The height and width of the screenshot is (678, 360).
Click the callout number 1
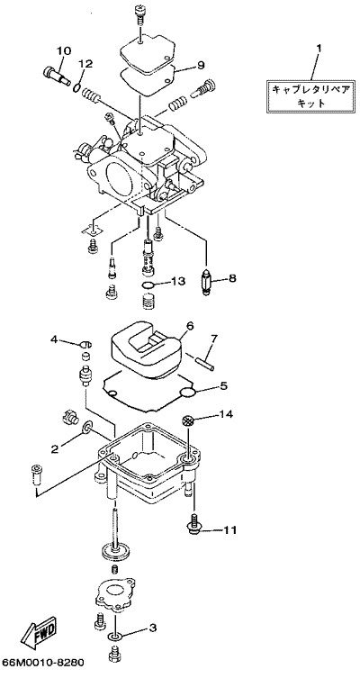pyautogui.click(x=319, y=49)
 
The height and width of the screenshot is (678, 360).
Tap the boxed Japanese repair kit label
pyautogui.click(x=310, y=96)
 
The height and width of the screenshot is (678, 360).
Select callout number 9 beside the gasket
pyautogui.click(x=201, y=65)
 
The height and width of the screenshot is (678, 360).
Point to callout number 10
pyautogui.click(x=64, y=51)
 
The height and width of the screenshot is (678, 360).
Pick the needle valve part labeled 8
pyautogui.click(x=207, y=282)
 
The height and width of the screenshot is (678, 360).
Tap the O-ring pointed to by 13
pyautogui.click(x=148, y=285)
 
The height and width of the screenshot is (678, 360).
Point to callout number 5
pyautogui.click(x=223, y=385)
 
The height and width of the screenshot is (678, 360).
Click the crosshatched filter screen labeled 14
pyautogui.click(x=188, y=420)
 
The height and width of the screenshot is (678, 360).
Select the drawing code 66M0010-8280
pyautogui.click(x=43, y=663)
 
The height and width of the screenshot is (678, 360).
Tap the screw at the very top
pyautogui.click(x=141, y=12)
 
